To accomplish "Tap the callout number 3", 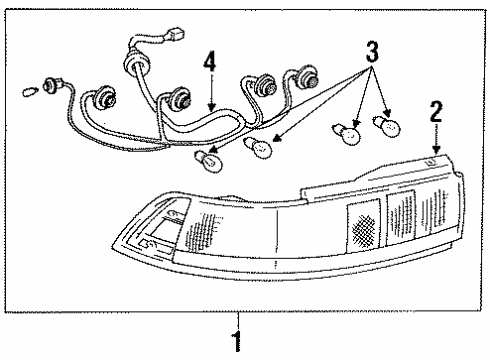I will (x=371, y=50).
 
